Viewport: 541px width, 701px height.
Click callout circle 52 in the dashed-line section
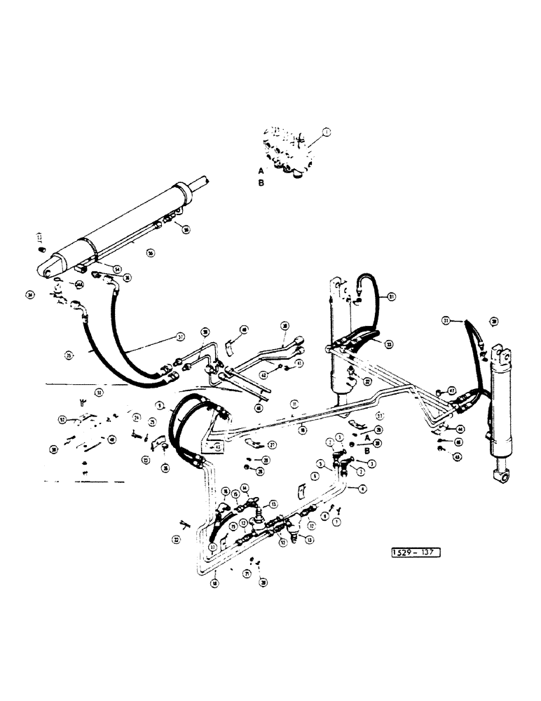pyautogui.click(x=61, y=421)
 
